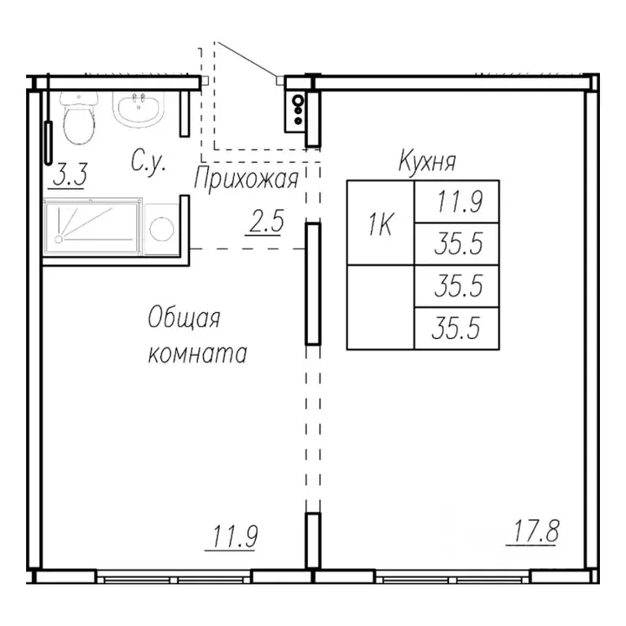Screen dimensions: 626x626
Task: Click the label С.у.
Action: pos(148,162)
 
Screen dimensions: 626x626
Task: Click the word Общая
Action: pos(184,318)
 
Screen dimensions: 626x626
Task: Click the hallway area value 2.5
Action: pos(264,222)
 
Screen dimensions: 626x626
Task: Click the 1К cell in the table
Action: pos(381,223)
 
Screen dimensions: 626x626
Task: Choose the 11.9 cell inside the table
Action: pos(456,202)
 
